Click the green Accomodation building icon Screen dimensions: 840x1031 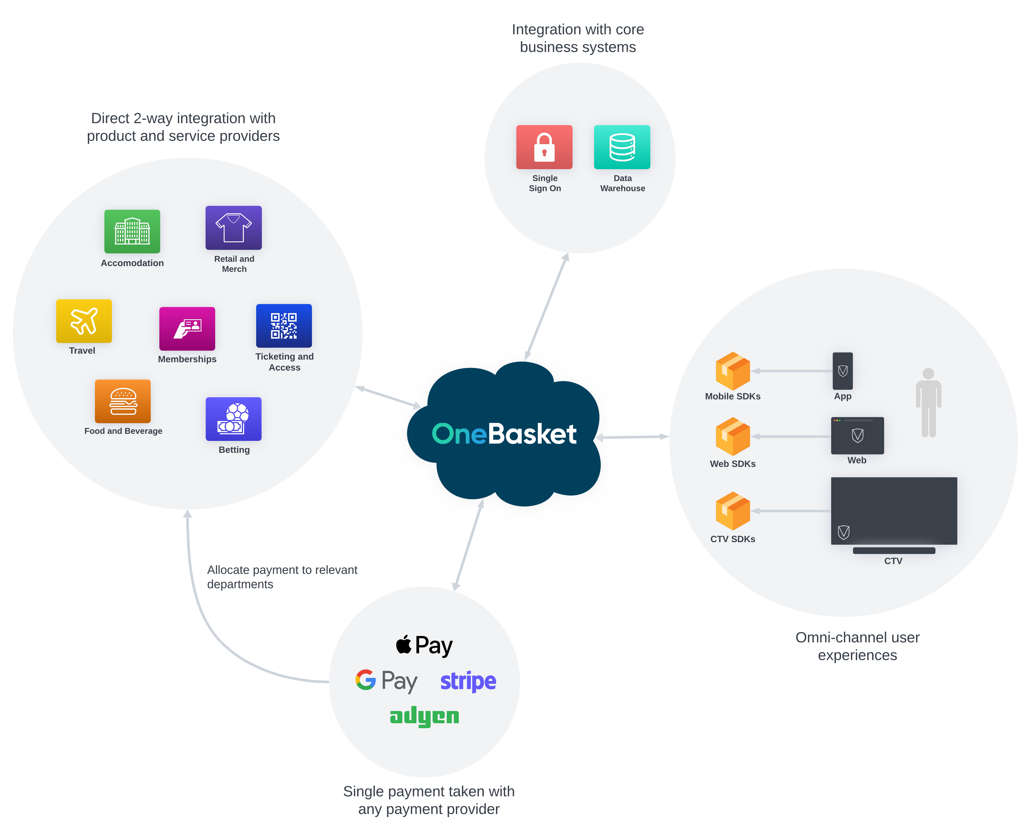[x=132, y=231]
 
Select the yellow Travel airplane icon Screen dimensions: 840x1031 [x=84, y=321]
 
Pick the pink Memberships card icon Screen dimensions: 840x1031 [x=187, y=329]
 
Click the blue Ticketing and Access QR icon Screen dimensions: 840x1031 [x=284, y=326]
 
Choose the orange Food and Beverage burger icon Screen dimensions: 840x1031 [x=123, y=401]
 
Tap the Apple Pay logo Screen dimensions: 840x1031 [x=424, y=645]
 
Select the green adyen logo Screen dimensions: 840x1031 [x=424, y=716]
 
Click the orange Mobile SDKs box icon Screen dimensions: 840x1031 [x=733, y=371]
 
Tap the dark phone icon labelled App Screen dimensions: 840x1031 [x=843, y=371]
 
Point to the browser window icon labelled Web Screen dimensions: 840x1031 [x=857, y=435]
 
